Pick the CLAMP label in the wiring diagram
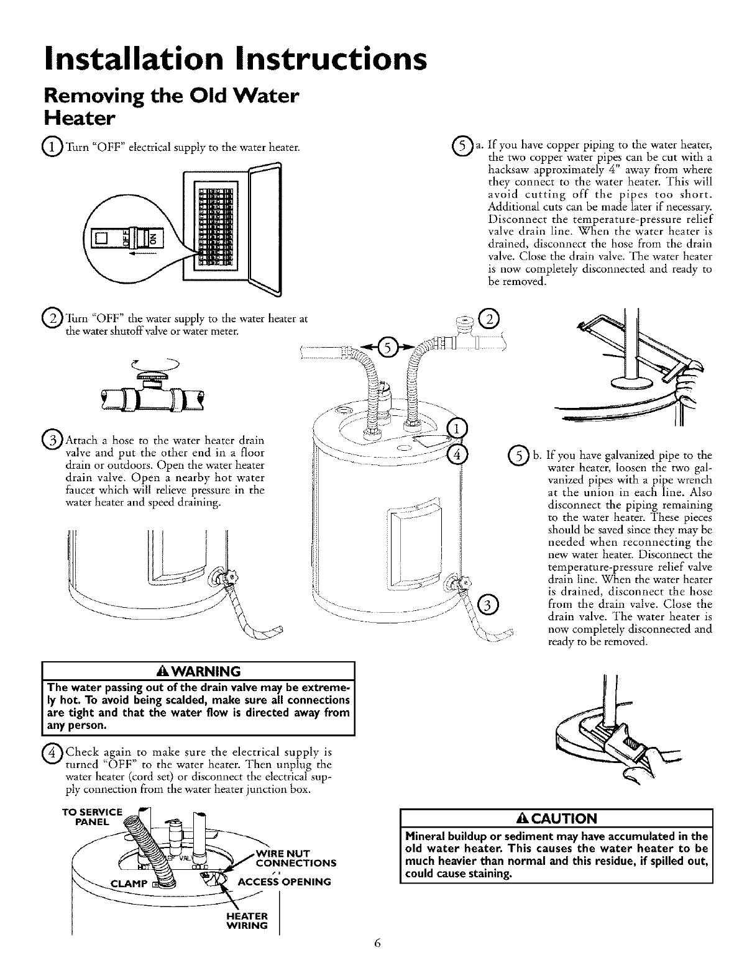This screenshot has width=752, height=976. click(x=129, y=883)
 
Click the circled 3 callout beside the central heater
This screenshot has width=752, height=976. click(x=489, y=604)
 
